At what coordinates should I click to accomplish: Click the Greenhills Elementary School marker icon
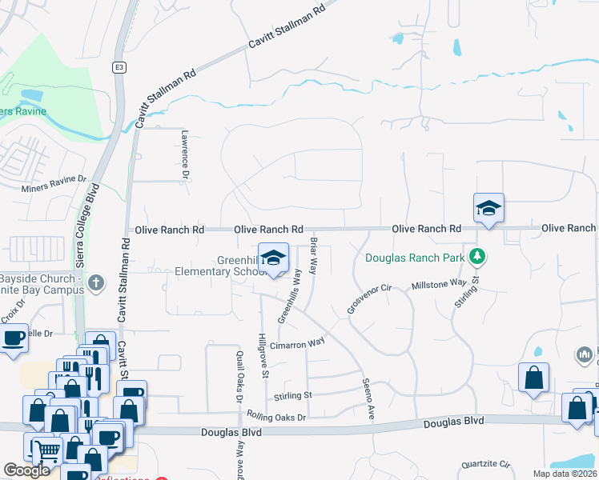click(274, 259)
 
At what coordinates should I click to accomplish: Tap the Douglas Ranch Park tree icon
click(478, 257)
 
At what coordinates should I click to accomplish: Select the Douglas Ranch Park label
click(416, 258)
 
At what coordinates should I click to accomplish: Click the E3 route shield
click(119, 66)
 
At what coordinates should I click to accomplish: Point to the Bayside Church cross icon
click(95, 282)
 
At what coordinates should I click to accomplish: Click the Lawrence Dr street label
click(184, 154)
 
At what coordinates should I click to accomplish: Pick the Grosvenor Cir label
click(367, 297)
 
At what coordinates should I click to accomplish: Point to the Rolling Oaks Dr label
click(276, 417)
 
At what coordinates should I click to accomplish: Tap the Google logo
click(27, 470)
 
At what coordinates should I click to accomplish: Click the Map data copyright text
click(565, 474)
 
